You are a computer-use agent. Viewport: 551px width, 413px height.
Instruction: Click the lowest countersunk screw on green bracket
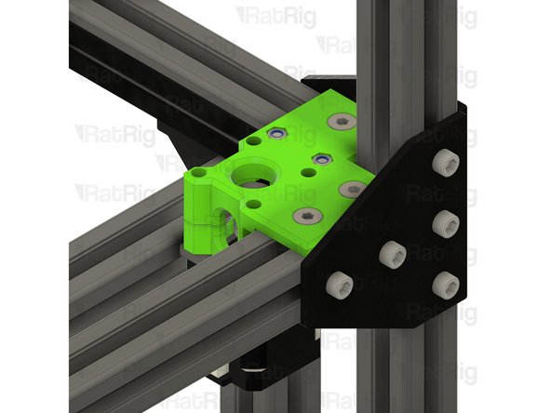click(x=304, y=216)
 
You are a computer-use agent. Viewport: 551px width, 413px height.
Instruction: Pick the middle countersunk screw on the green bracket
click(x=351, y=189)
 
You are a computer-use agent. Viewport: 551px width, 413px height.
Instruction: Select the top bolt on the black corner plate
click(x=444, y=164)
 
